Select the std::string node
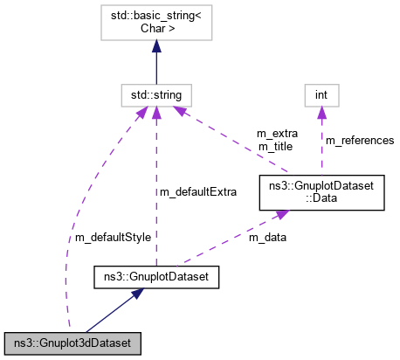pos(156,93)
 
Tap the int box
pos(321,93)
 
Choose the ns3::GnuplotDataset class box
pos(155,279)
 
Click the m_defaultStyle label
pos(114,236)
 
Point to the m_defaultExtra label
pos(197,190)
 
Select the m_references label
pos(359,140)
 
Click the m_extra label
pos(277,134)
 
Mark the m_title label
pos(277,146)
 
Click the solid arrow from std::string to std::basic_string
pos(156,66)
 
